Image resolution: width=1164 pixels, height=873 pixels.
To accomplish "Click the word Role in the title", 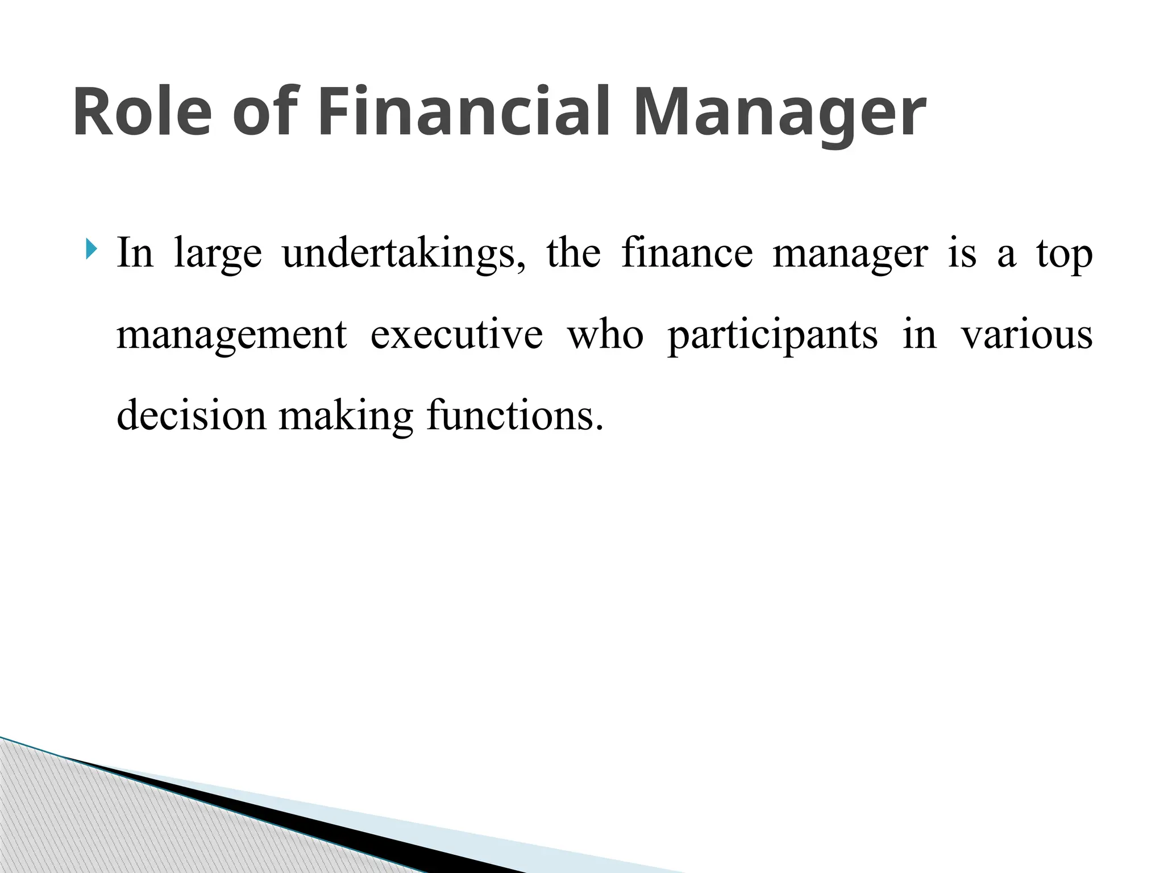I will click(x=142, y=112).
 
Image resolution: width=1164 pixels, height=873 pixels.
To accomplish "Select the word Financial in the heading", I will click(x=464, y=112).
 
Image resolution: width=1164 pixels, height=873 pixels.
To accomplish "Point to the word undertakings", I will click(x=404, y=253).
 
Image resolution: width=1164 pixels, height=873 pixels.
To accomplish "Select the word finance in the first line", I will click(x=687, y=253).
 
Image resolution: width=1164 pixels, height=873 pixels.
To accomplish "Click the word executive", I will click(x=456, y=335).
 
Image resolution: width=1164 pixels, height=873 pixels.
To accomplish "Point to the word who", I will click(x=605, y=335).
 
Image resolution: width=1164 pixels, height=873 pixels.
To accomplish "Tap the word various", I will click(x=1026, y=335).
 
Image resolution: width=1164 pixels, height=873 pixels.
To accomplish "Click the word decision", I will click(x=191, y=415).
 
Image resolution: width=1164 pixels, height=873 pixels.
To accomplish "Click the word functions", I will click(x=514, y=415).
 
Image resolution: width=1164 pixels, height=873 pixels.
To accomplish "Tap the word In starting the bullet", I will click(x=135, y=253).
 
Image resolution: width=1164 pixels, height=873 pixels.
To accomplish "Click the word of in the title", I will click(x=265, y=112).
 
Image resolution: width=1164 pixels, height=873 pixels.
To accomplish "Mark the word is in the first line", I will click(x=962, y=253).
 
